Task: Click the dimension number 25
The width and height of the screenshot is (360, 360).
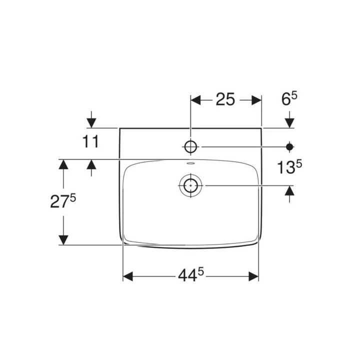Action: [225, 99]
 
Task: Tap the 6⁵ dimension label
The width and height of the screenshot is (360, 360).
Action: [289, 98]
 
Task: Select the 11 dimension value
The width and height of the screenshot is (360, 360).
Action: [90, 141]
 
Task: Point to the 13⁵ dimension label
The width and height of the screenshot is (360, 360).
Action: [289, 166]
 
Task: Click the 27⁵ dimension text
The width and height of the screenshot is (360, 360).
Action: [63, 201]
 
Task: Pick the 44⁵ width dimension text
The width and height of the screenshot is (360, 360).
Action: [191, 275]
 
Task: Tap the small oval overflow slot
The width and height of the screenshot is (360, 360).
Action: [190, 163]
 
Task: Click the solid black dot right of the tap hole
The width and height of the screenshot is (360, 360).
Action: [289, 146]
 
